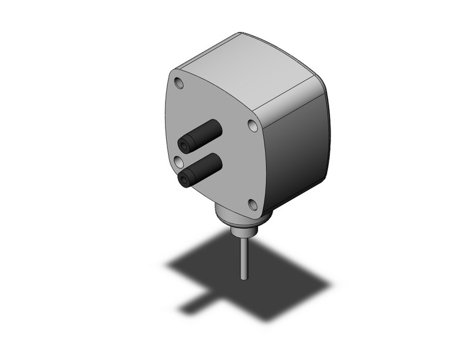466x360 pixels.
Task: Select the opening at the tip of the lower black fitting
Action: [x=184, y=180]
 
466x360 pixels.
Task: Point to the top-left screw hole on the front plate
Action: [x=178, y=82]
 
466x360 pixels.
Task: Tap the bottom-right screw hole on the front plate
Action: [x=252, y=204]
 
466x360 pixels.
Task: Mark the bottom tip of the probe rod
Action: [x=245, y=279]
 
